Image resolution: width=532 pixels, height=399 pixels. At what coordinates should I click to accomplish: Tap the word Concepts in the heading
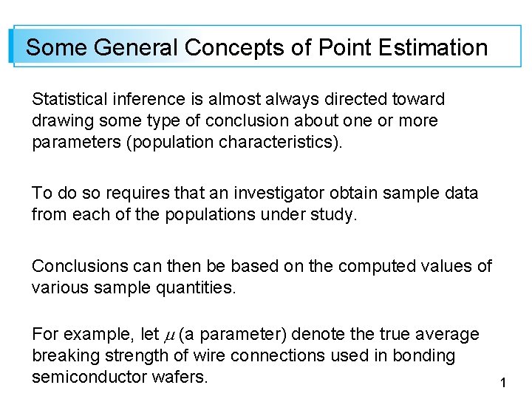[236, 48]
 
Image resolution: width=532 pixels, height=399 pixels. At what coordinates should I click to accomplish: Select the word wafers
[180, 377]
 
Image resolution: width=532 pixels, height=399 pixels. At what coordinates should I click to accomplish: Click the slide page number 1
[503, 383]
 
